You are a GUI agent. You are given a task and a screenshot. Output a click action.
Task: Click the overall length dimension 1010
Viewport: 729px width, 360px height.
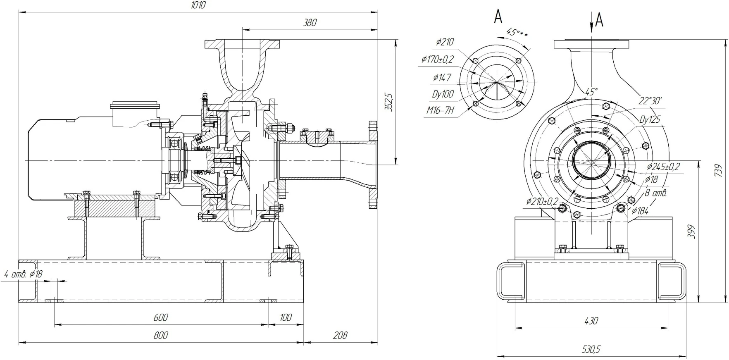click(198, 5)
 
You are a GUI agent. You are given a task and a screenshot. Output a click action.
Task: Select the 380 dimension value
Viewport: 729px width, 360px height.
click(310, 23)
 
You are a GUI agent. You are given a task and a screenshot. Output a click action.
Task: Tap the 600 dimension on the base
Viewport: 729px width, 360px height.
click(161, 317)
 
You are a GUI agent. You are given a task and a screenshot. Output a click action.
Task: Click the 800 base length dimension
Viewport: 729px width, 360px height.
click(161, 335)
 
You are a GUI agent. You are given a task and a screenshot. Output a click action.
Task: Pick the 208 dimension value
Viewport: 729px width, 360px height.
click(340, 335)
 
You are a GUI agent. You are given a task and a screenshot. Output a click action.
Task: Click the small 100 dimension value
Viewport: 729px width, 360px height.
click(286, 317)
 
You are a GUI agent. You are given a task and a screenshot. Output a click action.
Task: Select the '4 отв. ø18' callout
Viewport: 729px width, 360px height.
click(23, 274)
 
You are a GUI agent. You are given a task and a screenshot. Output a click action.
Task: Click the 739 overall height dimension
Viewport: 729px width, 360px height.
click(719, 171)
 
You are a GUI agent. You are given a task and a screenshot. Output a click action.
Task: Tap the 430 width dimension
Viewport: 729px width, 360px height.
click(591, 320)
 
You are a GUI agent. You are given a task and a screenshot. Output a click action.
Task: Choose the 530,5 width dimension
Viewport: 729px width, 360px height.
click(591, 349)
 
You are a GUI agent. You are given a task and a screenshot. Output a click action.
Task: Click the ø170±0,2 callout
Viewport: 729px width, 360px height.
click(438, 60)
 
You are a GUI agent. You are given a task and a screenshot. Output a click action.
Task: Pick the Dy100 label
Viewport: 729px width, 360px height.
click(443, 94)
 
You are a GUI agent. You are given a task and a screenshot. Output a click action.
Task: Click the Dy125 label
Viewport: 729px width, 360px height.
click(650, 120)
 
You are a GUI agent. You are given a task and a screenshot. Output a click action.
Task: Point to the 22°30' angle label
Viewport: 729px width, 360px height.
click(650, 100)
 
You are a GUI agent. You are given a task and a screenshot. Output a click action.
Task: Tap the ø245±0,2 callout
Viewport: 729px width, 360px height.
click(663, 167)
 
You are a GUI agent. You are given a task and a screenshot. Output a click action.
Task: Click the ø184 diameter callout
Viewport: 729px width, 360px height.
click(640, 211)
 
